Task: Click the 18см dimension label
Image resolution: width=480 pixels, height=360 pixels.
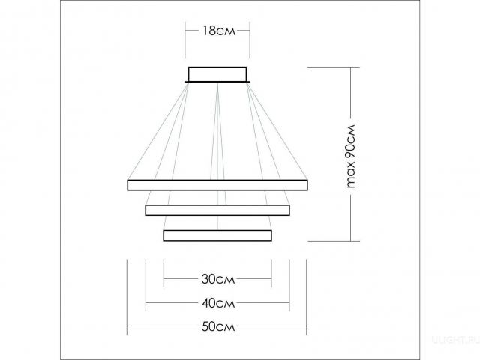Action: [217, 31]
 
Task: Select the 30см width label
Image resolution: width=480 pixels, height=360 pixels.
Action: [217, 279]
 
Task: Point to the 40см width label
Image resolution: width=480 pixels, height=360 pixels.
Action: [217, 303]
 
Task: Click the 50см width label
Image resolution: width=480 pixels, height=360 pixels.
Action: [217, 327]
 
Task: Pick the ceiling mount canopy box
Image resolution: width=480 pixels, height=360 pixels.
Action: [218, 73]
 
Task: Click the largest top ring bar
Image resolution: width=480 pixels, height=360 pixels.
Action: [217, 184]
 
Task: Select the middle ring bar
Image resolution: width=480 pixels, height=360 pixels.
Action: [217, 210]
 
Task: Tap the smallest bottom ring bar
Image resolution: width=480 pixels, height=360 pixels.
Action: [217, 235]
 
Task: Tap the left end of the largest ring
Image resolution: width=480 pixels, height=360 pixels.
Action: [129, 184]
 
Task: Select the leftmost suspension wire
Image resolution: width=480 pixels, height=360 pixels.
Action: [157, 132]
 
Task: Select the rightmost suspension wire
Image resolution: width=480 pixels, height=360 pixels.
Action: [277, 132]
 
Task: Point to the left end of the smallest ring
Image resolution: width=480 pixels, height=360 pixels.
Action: [164, 235]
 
